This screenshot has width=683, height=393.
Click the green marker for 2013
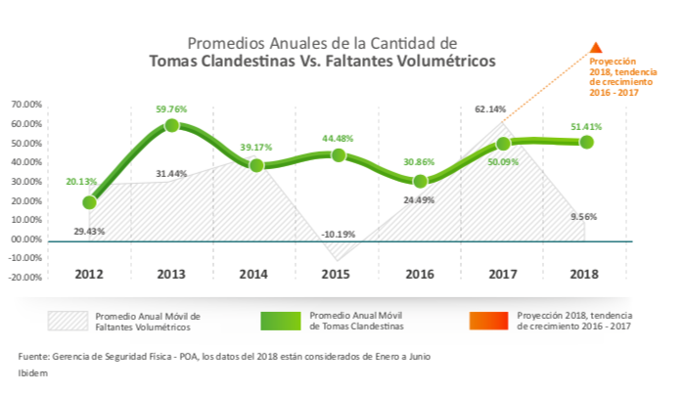tap(171, 125)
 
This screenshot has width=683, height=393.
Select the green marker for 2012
tap(89, 202)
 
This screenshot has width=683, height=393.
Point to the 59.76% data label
tap(171, 109)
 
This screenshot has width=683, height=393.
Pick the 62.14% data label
tap(490, 109)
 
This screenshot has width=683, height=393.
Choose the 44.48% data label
tap(338, 138)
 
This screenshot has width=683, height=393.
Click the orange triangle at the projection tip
tap(596, 46)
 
